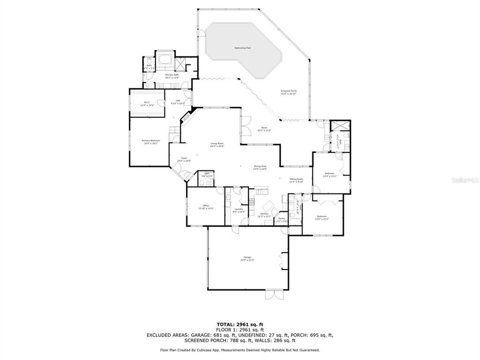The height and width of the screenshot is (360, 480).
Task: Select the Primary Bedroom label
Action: point(150,142)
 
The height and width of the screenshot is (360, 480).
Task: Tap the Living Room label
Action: point(217,145)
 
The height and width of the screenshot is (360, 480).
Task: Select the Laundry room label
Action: point(238,210)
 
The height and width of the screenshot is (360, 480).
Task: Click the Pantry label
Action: point(282,219)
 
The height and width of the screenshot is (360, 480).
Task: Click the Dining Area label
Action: point(259,167)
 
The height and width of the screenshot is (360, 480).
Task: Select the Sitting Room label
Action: point(296,180)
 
